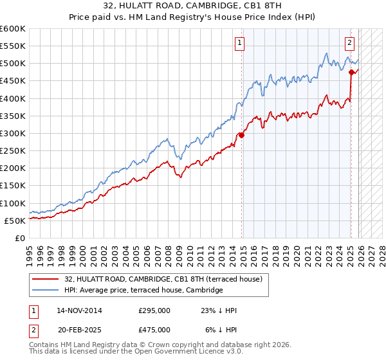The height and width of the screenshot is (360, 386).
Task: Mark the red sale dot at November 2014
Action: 242,135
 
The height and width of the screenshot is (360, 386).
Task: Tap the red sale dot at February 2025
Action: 351,73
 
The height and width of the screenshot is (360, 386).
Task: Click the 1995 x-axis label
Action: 30,251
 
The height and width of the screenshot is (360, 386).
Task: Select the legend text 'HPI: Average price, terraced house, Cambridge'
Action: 143,291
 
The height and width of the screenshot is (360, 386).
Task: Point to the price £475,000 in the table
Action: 154,329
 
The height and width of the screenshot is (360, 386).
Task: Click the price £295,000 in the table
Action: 154,310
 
